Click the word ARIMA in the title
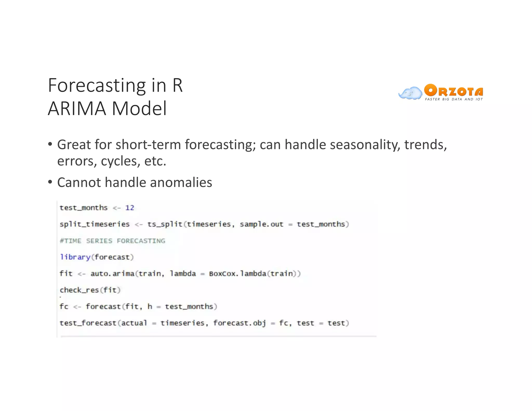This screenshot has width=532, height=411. pyautogui.click(x=77, y=108)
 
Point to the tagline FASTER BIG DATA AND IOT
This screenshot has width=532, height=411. pyautogui.click(x=454, y=99)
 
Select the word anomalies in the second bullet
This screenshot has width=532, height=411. pyautogui.click(x=181, y=182)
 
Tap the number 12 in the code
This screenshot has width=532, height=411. pyautogui.click(x=130, y=208)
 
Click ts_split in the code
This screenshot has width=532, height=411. pyautogui.click(x=165, y=224)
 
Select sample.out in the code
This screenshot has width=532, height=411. pyautogui.click(x=261, y=224)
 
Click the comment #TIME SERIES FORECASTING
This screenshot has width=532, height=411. pyautogui.click(x=112, y=241)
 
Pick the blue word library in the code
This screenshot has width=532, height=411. pyautogui.click(x=75, y=257)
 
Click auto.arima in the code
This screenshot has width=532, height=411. pyautogui.click(x=112, y=274)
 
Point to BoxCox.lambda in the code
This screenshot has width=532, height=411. pyautogui.click(x=237, y=274)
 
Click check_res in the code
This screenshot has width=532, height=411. pyautogui.click(x=79, y=290)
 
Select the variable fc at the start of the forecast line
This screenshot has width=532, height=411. pyautogui.click(x=64, y=307)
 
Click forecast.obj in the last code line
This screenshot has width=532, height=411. pyautogui.click(x=240, y=323)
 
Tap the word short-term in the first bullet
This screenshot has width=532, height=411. pyautogui.click(x=148, y=144)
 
